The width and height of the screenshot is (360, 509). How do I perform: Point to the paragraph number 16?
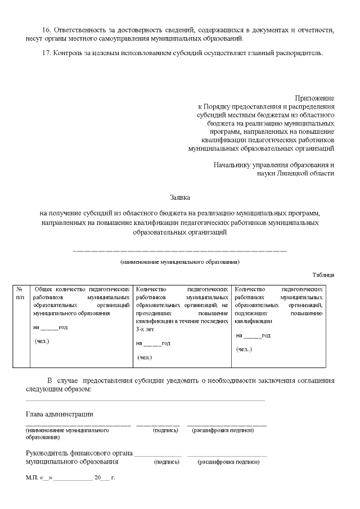pos(47,29)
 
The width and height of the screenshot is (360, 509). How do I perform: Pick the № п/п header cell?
pos(20,292)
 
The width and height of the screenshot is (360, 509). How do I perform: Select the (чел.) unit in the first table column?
pos(43,341)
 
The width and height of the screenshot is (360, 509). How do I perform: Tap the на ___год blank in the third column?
pos(253,336)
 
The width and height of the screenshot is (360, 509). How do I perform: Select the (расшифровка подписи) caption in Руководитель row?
pos(228,462)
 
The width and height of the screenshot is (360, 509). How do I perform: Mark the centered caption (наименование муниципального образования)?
pos(180,262)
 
